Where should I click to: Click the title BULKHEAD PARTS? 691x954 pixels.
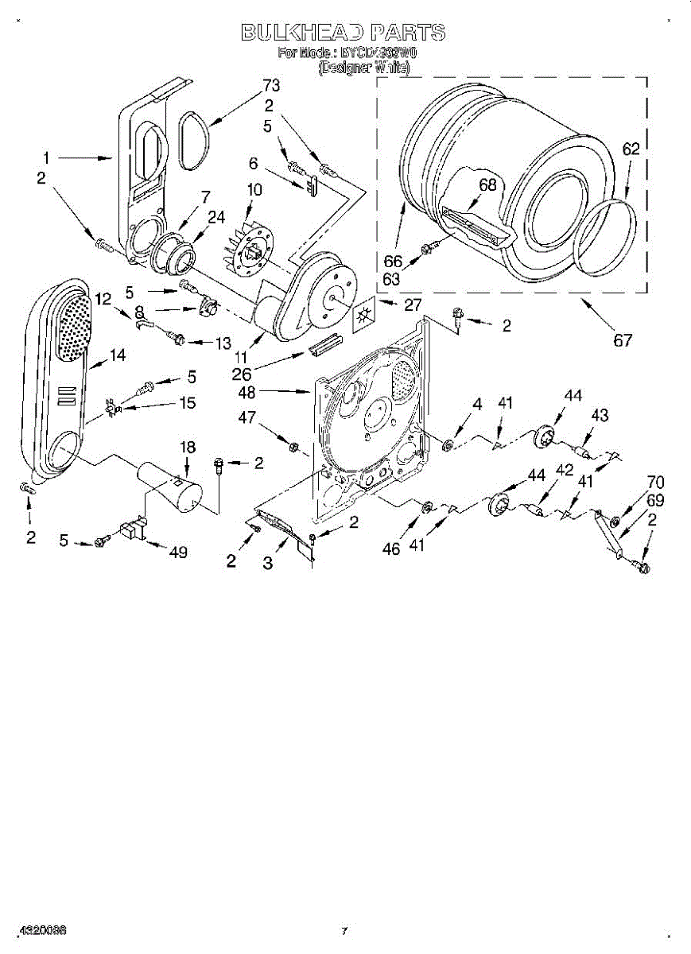tap(343, 33)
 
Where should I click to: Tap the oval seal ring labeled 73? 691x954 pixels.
tap(194, 140)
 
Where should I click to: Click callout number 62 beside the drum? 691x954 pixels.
tap(631, 149)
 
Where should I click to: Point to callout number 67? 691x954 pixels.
tap(623, 340)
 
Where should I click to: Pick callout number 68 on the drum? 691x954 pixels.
tap(487, 185)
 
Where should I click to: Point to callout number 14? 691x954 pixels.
tap(117, 355)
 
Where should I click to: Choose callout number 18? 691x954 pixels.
tap(187, 448)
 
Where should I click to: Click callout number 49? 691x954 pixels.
tap(178, 552)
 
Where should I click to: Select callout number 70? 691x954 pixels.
tap(655, 482)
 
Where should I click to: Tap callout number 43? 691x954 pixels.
tap(600, 415)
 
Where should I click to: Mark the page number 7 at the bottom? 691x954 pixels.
tap(344, 930)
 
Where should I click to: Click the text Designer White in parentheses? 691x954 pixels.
tap(363, 69)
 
